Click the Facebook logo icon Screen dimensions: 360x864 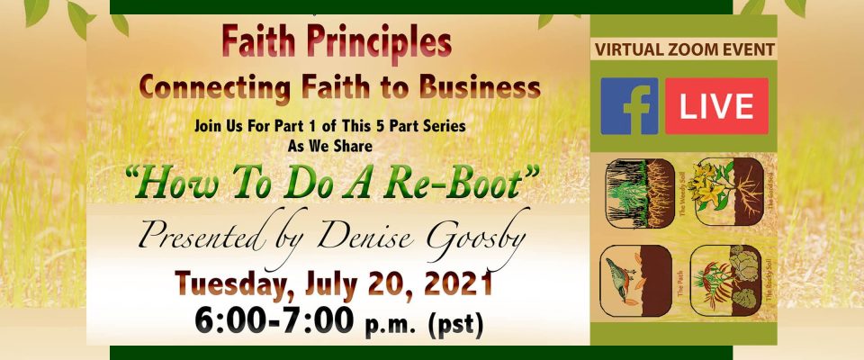629,106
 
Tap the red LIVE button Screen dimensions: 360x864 716,106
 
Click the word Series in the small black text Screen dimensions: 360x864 445,127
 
